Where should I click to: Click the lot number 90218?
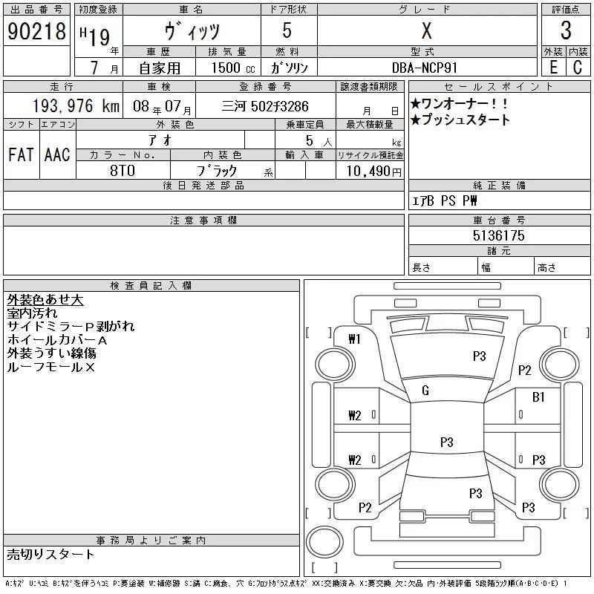36,30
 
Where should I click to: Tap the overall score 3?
566,30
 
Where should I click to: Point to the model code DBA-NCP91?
426,68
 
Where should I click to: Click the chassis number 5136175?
498,236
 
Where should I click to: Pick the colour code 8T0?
122,170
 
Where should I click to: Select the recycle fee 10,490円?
370,171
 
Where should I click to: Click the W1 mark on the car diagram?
354,340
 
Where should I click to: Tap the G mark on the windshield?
425,391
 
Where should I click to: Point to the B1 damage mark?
539,397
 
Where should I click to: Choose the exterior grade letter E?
554,68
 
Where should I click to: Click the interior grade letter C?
577,68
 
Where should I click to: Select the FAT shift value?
21,155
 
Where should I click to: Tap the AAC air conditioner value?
57,155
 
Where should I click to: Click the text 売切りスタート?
50,554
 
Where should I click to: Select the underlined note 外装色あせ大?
45,300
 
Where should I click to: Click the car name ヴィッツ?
192,32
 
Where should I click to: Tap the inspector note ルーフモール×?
51,367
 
